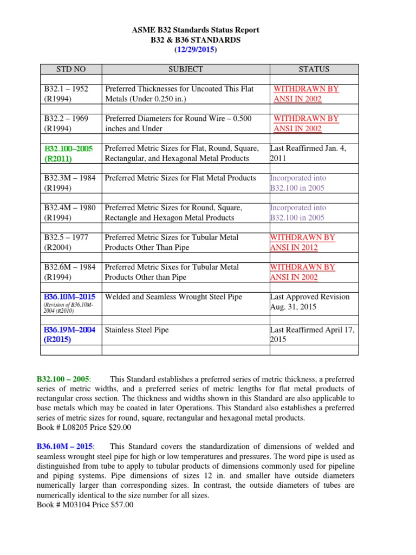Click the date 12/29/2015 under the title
click(x=196, y=49)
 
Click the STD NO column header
click(x=71, y=69)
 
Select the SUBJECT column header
click(x=185, y=69)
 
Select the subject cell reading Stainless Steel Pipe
click(x=136, y=330)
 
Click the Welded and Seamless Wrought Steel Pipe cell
click(x=173, y=297)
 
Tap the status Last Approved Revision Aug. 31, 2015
click(x=310, y=302)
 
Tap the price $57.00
click(x=121, y=505)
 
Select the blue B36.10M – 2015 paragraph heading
click(x=65, y=446)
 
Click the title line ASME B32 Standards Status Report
click(x=196, y=30)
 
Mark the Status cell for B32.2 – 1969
click(x=305, y=124)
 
